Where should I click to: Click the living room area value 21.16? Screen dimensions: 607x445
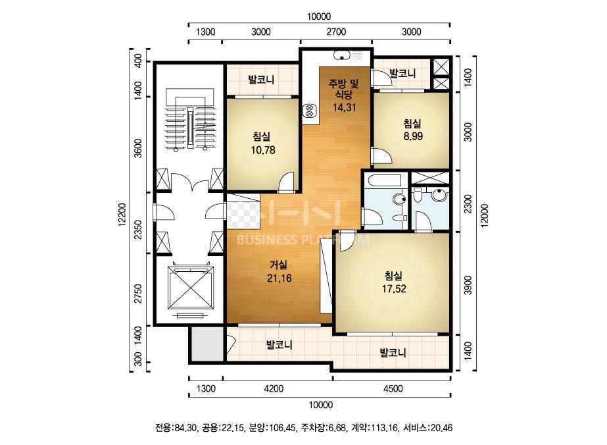click(x=279, y=278)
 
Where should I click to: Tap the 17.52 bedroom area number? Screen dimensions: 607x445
click(x=394, y=289)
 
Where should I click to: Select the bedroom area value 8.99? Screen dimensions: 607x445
click(x=413, y=136)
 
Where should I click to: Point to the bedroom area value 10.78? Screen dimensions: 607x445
click(x=263, y=149)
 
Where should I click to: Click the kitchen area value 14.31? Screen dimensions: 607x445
click(x=344, y=107)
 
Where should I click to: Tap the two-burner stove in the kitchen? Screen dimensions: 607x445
click(x=310, y=111)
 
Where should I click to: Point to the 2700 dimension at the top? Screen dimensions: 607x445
click(x=336, y=32)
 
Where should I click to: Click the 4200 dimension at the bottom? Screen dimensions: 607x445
click(x=274, y=388)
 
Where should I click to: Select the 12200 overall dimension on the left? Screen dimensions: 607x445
click(x=122, y=215)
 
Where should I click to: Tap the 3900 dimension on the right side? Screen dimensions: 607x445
click(x=468, y=285)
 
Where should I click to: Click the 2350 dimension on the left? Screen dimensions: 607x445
click(x=138, y=230)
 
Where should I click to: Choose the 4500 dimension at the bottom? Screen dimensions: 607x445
click(x=393, y=388)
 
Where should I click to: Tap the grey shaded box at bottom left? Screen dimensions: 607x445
click(x=208, y=344)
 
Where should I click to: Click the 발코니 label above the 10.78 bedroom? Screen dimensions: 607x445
click(x=261, y=80)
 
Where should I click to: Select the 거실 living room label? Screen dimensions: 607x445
click(x=278, y=265)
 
